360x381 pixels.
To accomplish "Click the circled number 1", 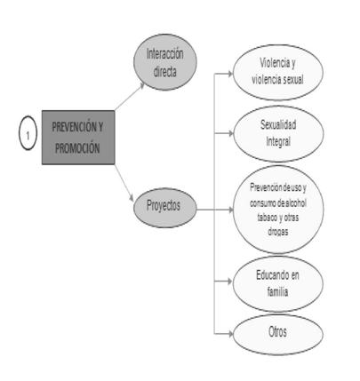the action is (x=28, y=133).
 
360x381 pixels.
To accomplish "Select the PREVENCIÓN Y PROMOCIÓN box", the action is (x=78, y=138).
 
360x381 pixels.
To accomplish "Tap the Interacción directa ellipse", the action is (x=165, y=62).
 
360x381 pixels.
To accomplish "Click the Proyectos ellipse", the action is (x=165, y=208).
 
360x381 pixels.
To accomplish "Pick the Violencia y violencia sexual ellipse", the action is (x=278, y=73).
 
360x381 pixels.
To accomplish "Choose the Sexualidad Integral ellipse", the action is (x=278, y=134).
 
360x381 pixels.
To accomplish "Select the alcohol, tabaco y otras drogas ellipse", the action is (x=278, y=210).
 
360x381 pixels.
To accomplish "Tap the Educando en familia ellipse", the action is (x=277, y=284).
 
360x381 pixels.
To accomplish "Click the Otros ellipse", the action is (x=277, y=335).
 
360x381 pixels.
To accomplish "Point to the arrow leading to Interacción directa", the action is (x=130, y=96).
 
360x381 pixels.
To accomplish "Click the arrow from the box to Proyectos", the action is (x=124, y=183).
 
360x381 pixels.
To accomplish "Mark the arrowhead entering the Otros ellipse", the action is (x=230, y=334).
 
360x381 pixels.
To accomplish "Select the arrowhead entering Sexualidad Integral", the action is (x=231, y=133).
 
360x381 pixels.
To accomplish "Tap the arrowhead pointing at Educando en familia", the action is (x=230, y=282).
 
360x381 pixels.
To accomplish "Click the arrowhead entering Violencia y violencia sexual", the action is (x=230, y=73).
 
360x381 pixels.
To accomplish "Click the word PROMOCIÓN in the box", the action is (x=77, y=148).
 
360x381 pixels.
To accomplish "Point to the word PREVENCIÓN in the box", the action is (x=74, y=127).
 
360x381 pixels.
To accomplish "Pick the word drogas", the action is (x=278, y=232).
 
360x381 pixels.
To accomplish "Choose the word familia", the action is (x=277, y=292).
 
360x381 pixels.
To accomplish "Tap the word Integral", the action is (x=278, y=141).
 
